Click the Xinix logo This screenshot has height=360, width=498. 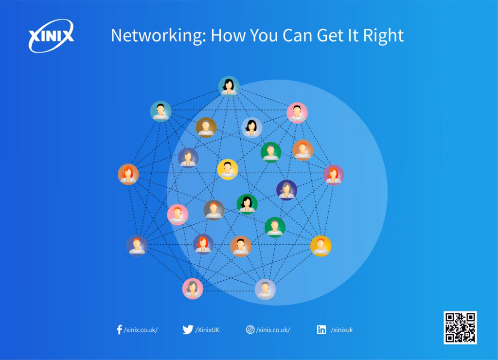tap(51, 36)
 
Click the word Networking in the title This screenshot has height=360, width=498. tap(159, 36)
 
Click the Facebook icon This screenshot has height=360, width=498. tap(120, 329)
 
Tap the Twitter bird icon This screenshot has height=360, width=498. tap(188, 329)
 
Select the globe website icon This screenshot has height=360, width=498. tap(250, 329)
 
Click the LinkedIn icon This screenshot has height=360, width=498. tap(321, 329)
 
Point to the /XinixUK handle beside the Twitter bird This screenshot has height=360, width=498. tap(207, 330)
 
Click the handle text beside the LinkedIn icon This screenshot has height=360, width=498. tap(342, 330)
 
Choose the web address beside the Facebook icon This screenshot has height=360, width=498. tap(141, 330)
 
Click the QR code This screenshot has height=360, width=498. tap(460, 327)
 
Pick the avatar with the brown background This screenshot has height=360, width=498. tap(206, 127)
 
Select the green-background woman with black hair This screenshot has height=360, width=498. tap(247, 204)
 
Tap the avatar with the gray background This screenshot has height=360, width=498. tap(214, 210)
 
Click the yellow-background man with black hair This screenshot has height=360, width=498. tap(228, 169)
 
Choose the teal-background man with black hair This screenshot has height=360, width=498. tap(160, 111)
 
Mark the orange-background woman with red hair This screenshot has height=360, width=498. tap(128, 174)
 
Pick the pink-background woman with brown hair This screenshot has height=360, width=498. tap(193, 288)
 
